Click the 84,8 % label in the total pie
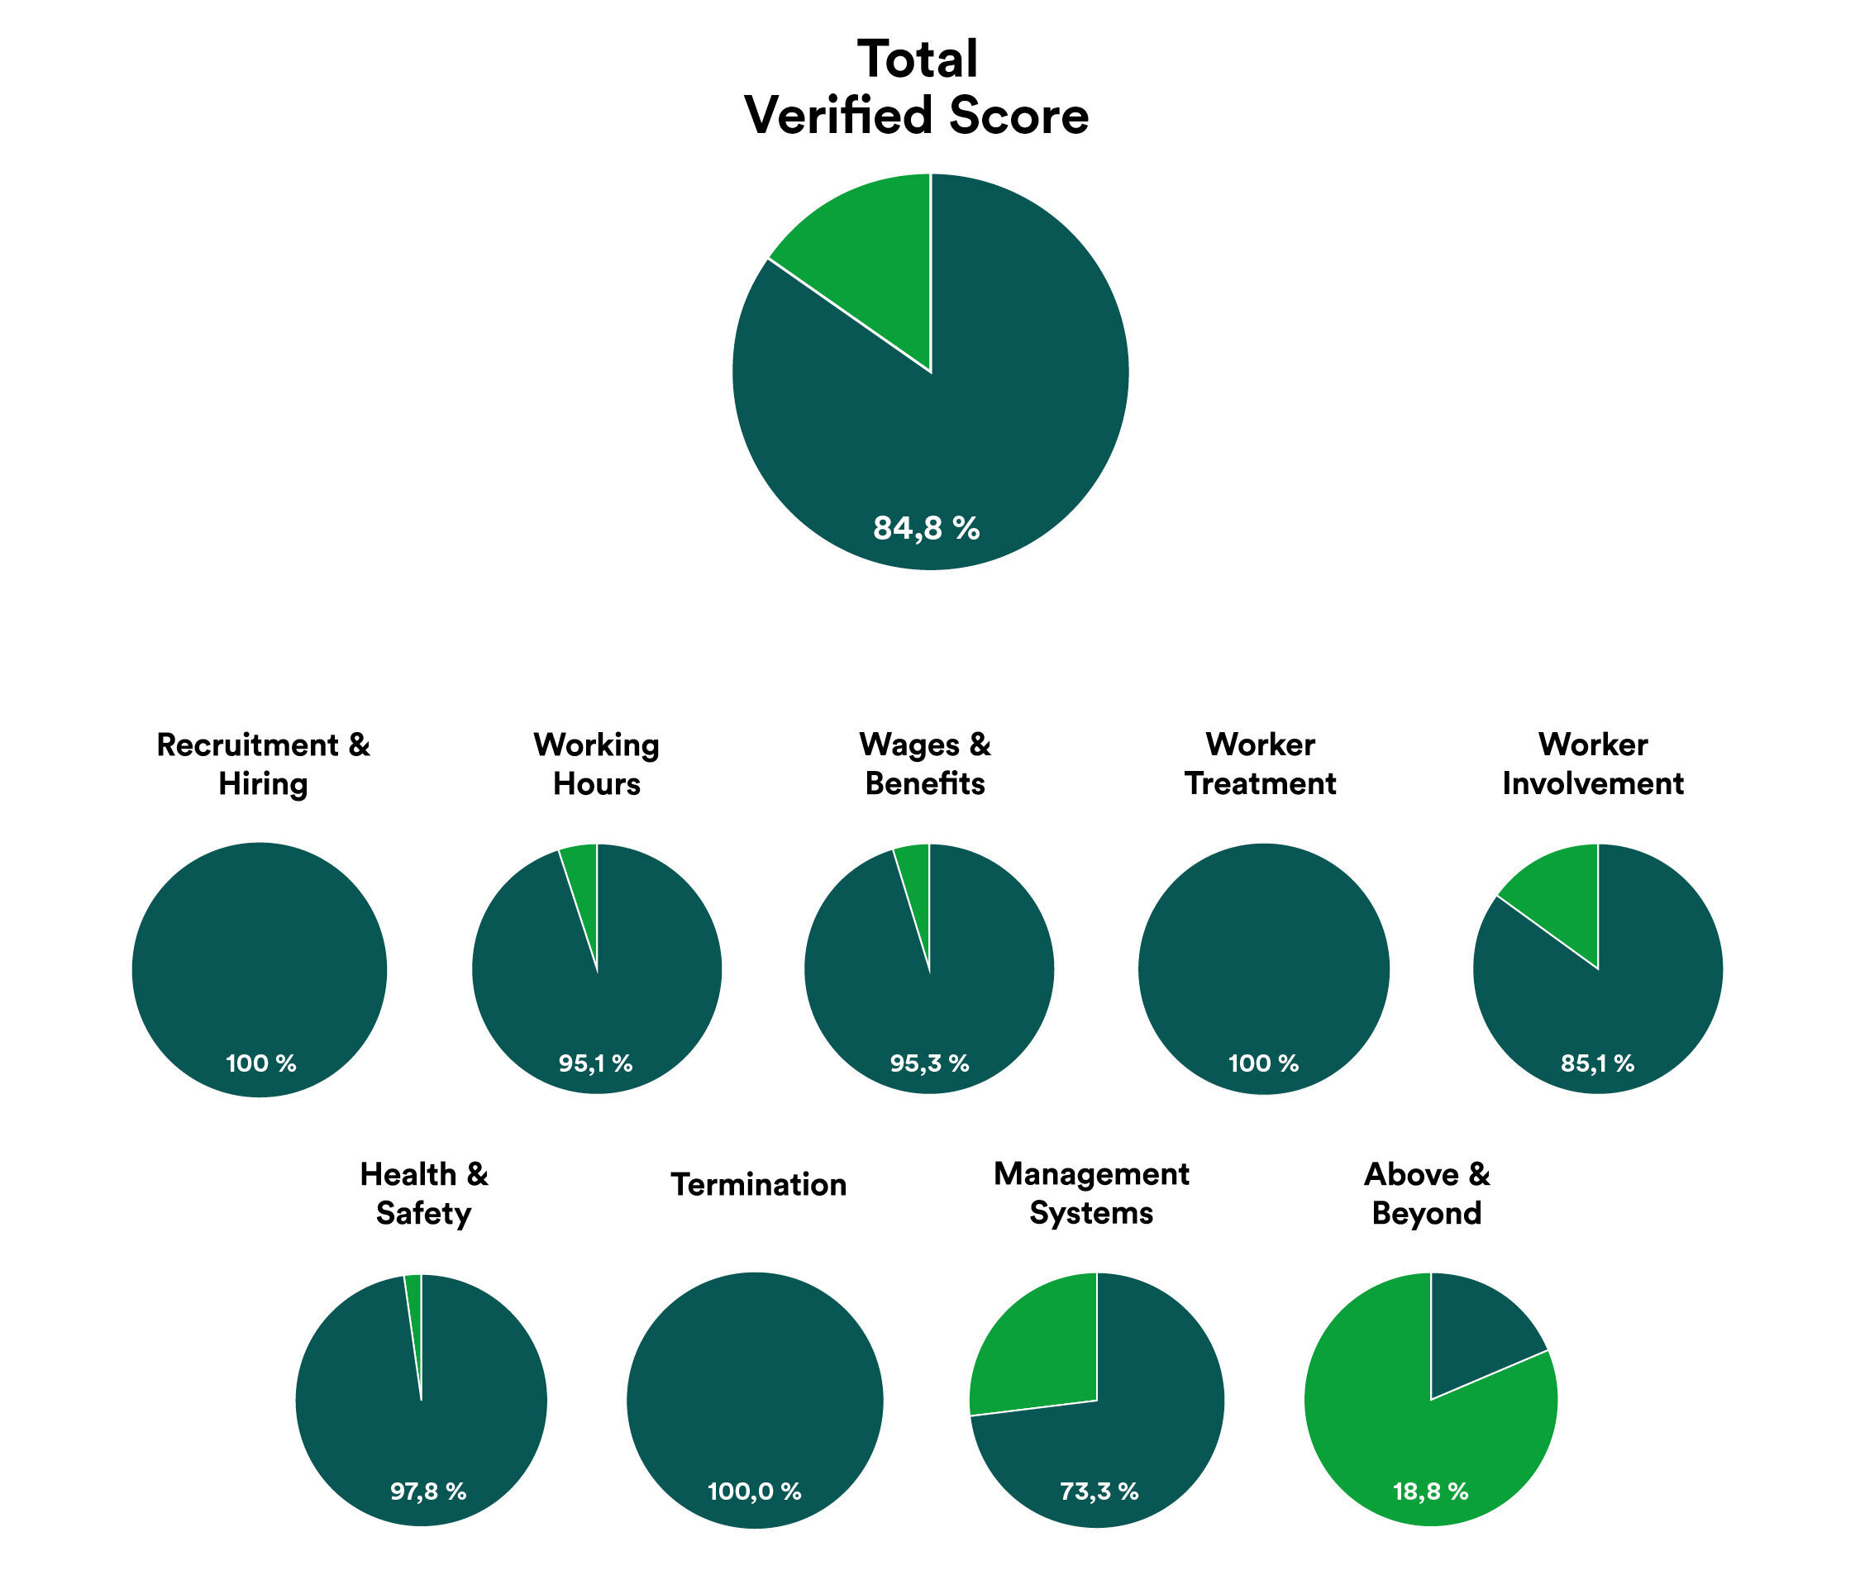(926, 527)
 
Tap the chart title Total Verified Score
(917, 87)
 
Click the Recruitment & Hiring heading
(263, 764)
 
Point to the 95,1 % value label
(595, 1063)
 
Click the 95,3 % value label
(929, 1063)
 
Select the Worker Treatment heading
(1261, 764)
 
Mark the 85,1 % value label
(1597, 1063)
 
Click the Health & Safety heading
(424, 1193)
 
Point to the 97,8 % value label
(428, 1491)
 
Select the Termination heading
(759, 1184)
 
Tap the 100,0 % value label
(754, 1491)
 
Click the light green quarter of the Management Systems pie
(1042, 1346)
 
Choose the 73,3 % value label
(1099, 1491)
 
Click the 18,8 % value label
(1431, 1491)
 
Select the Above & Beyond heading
(1427, 1193)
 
